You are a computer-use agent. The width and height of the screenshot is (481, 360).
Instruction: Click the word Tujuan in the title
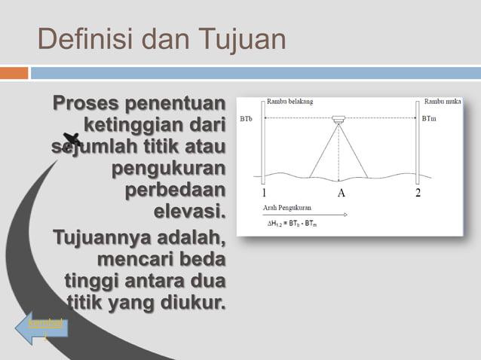(x=243, y=40)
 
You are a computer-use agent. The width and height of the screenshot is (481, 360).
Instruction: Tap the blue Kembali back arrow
(x=41, y=329)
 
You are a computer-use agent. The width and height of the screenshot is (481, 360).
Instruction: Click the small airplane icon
(x=72, y=139)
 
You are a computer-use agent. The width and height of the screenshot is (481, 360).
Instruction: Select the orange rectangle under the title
(x=14, y=73)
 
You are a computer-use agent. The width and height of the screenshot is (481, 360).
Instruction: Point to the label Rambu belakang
(x=290, y=102)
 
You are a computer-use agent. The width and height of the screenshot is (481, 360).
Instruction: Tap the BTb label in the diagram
(x=247, y=119)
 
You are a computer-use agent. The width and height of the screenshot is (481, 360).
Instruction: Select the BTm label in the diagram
(x=429, y=119)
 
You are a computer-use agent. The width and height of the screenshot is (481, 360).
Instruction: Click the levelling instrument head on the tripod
(x=339, y=119)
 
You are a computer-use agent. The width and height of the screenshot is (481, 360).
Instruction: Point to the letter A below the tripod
(x=341, y=194)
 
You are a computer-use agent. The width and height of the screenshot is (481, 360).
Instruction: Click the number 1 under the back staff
(x=264, y=194)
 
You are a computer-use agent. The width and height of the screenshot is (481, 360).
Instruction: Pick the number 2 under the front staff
(x=418, y=194)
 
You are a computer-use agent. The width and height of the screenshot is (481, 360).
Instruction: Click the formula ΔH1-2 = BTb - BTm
(x=293, y=224)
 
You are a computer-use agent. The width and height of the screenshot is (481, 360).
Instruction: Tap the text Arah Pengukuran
(x=287, y=206)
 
